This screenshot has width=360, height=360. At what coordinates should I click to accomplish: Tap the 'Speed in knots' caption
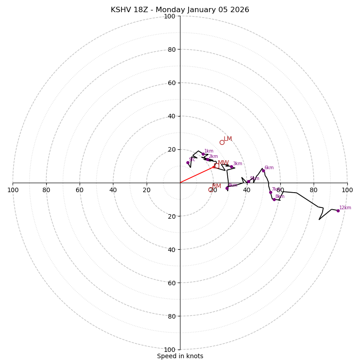[180, 356]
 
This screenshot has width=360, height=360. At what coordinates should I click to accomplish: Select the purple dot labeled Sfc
[188, 162]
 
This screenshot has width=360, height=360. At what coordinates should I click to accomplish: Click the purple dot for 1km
[203, 154]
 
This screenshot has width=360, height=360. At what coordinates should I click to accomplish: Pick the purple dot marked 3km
[231, 166]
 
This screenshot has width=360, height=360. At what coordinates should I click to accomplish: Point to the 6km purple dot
[263, 171]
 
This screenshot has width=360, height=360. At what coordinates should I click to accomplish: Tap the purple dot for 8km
[274, 199]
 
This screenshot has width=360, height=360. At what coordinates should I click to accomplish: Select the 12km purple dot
[338, 211]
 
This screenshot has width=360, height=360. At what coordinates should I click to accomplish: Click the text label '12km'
[345, 208]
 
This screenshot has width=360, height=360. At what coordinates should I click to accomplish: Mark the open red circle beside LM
[222, 142]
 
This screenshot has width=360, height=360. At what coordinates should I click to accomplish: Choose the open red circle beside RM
[210, 189]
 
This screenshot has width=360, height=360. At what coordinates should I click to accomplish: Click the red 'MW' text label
[223, 163]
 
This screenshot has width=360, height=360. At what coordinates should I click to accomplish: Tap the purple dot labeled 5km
[248, 181]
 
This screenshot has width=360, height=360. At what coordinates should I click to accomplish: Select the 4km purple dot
[227, 188]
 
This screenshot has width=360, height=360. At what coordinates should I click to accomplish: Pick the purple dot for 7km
[270, 192]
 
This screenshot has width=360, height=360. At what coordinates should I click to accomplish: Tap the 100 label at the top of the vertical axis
[169, 17]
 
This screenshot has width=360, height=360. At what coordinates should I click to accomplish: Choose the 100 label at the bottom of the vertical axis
[169, 350]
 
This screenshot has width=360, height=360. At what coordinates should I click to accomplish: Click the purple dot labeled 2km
[207, 159]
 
